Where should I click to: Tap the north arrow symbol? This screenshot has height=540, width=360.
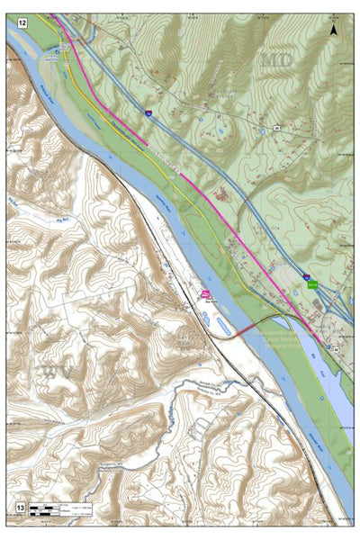coord(334,30)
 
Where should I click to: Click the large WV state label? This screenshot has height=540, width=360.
coord(47,370)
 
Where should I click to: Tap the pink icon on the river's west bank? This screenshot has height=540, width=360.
coord(205,294)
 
